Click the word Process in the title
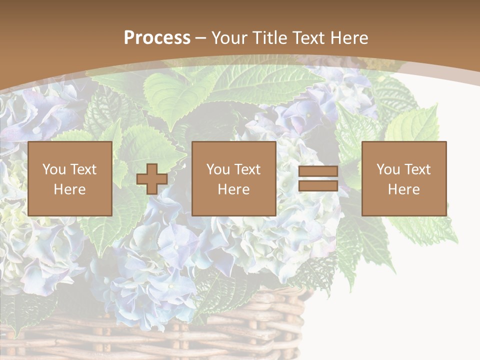tap(157, 38)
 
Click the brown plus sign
tap(152, 179)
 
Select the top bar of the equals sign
tap(318, 171)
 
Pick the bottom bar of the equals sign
tap(318, 186)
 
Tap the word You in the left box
tap(53, 169)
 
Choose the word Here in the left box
tap(69, 189)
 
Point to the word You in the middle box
tap(217, 169)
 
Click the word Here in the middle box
tap(233, 189)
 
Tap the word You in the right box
tap(387, 169)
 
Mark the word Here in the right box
tap(403, 189)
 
